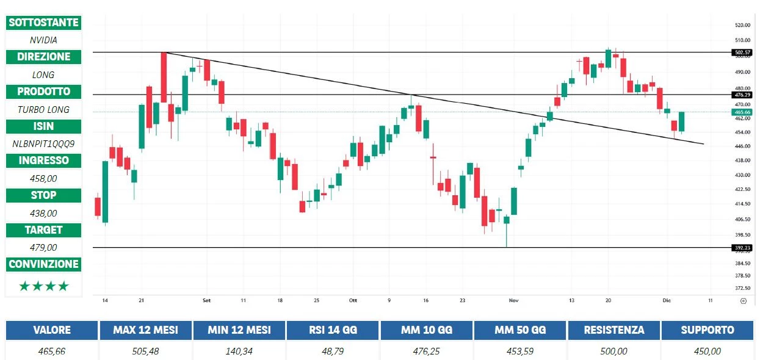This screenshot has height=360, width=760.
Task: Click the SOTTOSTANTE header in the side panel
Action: (43, 23)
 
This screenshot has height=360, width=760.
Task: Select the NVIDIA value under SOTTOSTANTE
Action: (43, 40)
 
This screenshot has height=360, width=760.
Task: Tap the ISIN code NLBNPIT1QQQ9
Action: (43, 144)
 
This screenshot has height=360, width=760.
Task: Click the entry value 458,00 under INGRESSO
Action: (43, 179)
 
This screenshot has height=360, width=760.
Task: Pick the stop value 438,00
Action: (43, 214)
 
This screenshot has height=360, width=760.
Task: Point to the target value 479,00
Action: (43, 248)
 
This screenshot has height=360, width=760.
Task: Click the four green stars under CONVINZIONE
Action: (43, 286)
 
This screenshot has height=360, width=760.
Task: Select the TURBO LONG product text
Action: (43, 110)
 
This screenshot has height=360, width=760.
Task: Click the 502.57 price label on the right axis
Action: (742, 52)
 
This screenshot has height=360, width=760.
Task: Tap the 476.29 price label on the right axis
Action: (742, 95)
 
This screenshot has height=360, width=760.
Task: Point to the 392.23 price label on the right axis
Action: (742, 247)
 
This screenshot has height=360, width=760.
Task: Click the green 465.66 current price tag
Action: (742, 112)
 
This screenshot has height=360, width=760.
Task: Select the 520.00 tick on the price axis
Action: (742, 25)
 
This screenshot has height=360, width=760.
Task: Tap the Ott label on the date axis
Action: (352, 301)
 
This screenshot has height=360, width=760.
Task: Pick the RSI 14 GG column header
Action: (333, 330)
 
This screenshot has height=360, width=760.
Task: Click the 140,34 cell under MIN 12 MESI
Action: (239, 351)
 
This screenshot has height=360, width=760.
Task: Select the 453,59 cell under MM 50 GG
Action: (520, 351)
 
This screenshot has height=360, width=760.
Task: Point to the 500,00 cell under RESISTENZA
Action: (613, 351)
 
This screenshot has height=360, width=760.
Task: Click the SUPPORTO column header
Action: (708, 330)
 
